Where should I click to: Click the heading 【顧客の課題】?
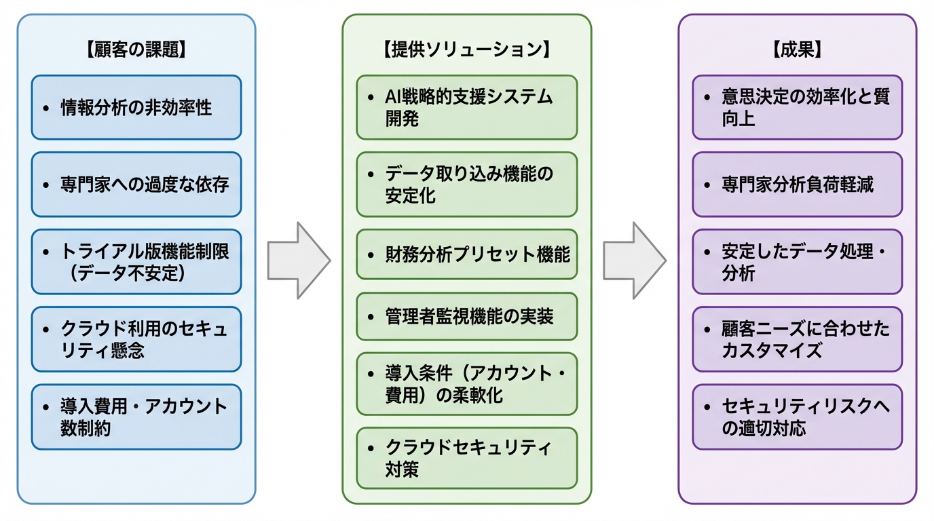click(x=136, y=50)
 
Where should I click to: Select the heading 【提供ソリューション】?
click(x=466, y=50)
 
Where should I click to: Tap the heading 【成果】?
click(x=797, y=50)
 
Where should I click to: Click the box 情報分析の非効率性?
click(x=136, y=107)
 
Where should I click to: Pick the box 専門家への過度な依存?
click(x=136, y=185)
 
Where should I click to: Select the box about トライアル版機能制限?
click(x=136, y=262)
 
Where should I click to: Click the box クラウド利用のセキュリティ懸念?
click(x=136, y=339)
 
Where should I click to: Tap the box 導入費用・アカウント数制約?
click(x=136, y=417)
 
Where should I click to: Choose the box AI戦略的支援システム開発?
click(x=466, y=107)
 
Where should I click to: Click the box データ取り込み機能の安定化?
click(x=466, y=185)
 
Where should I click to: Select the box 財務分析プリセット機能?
click(x=466, y=255)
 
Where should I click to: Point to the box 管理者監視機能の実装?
click(x=466, y=316)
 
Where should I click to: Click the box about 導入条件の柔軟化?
click(x=466, y=384)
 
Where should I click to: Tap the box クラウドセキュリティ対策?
click(x=466, y=458)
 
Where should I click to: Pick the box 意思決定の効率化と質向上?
click(x=797, y=107)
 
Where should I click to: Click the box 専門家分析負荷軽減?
click(x=797, y=185)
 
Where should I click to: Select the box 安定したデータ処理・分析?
click(x=797, y=262)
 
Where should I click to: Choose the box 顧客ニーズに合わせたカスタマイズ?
click(x=797, y=339)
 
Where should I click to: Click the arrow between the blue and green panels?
click(x=297, y=260)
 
